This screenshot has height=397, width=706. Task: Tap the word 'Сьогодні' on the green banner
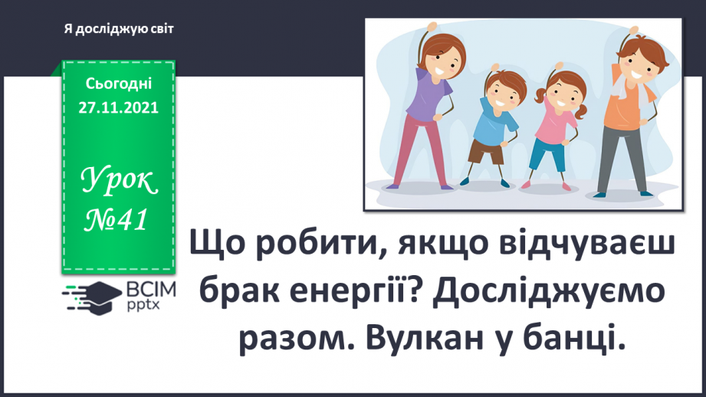click(x=119, y=83)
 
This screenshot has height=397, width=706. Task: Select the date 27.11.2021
click(x=118, y=108)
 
